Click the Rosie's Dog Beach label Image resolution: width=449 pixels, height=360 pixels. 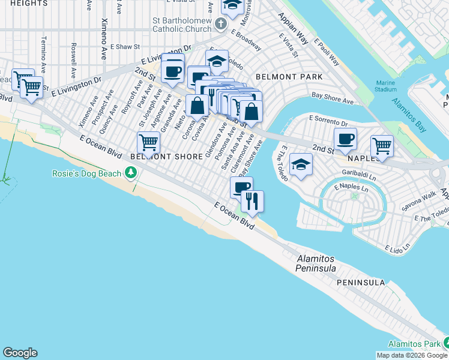(88, 174)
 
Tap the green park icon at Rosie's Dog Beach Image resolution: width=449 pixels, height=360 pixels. (130, 174)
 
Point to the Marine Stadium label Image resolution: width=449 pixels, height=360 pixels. (386, 86)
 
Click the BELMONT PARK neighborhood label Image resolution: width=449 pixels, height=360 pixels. (289, 77)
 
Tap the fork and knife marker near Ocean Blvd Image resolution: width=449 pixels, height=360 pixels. (252, 201)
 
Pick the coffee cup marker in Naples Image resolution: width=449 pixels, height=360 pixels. (345, 140)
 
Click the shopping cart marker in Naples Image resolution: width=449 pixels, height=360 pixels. (382, 146)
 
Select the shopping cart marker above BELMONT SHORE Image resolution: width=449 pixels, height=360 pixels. (148, 143)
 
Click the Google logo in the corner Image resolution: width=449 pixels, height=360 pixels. (20, 353)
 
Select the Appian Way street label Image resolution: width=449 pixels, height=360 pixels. (293, 29)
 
